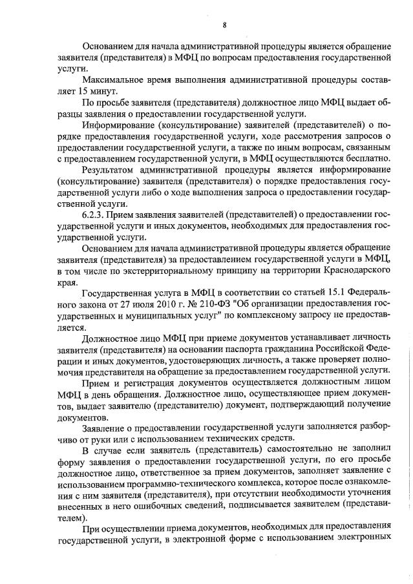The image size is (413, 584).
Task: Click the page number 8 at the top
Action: pyautogui.click(x=224, y=25)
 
